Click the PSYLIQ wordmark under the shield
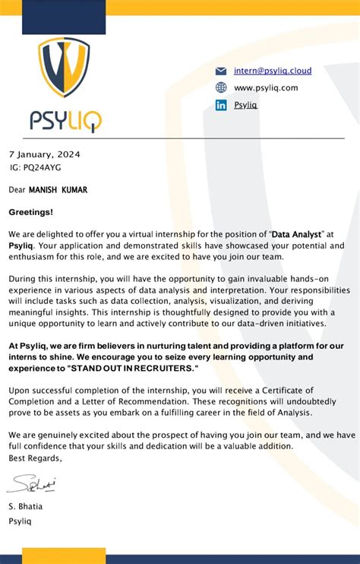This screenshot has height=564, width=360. click(x=65, y=121)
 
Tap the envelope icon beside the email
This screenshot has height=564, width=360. click(x=221, y=71)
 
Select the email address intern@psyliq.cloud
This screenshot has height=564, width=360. click(x=273, y=71)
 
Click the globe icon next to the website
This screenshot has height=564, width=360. click(x=221, y=87)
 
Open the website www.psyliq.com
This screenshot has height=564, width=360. click(x=266, y=88)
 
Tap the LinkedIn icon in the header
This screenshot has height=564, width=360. click(x=221, y=105)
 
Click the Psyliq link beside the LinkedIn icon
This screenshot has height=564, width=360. click(x=245, y=105)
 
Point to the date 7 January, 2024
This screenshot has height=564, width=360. click(x=44, y=154)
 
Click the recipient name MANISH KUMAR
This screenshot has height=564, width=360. click(x=58, y=190)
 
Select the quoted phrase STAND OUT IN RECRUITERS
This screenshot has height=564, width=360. click(x=132, y=369)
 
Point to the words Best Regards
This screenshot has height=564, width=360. click(x=35, y=458)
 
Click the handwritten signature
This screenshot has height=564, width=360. click(x=30, y=483)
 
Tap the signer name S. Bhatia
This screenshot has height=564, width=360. click(x=25, y=506)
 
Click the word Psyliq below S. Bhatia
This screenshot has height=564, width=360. click(x=20, y=522)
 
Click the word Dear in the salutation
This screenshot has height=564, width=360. click(x=17, y=190)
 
